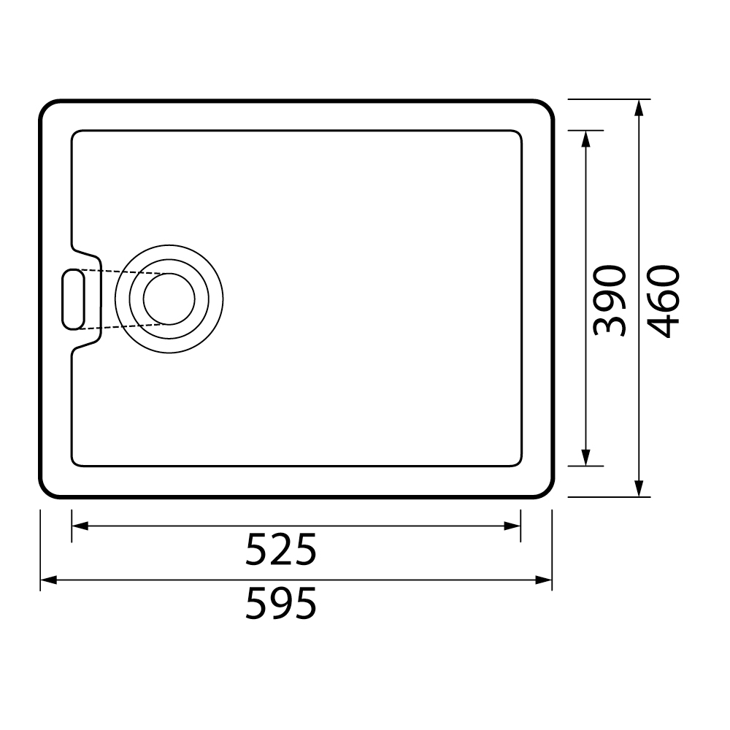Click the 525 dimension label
point(281,550)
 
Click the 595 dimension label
point(281,603)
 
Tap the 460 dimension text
point(664,301)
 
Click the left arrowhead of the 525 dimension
point(80,526)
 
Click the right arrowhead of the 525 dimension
point(512,526)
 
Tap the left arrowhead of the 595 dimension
point(49,580)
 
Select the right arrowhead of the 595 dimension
point(543,580)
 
